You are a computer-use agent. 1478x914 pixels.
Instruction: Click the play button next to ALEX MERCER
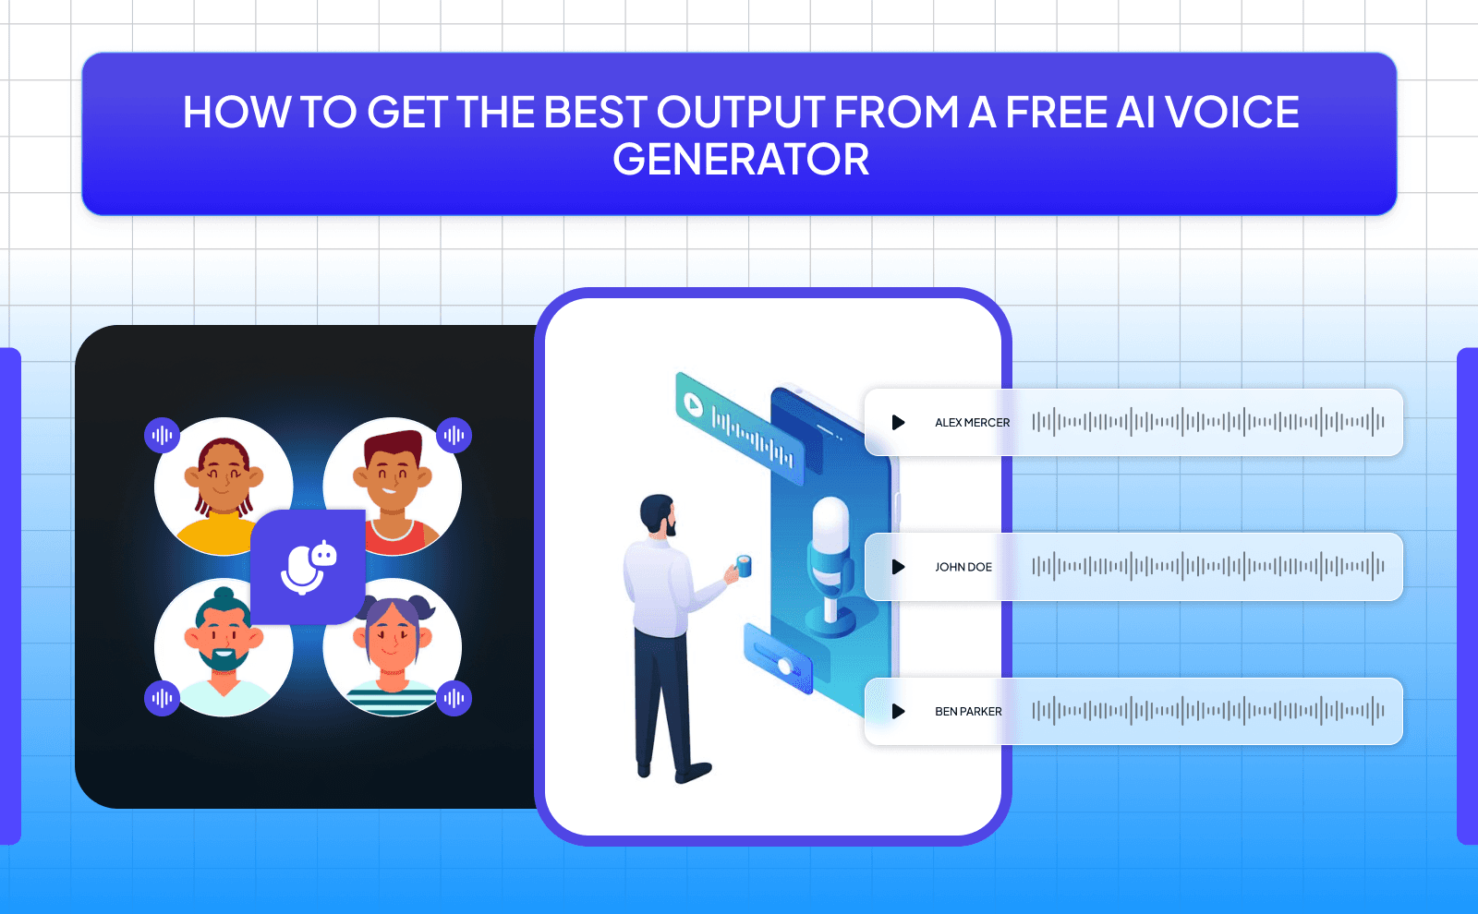point(898,422)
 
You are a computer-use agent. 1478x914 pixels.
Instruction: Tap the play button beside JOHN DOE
point(898,567)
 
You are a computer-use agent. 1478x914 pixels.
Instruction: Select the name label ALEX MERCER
point(972,423)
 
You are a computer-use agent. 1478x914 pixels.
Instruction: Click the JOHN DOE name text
point(963,567)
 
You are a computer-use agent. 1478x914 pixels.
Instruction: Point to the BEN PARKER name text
point(968,712)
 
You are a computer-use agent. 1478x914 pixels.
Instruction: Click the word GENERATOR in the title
point(741,160)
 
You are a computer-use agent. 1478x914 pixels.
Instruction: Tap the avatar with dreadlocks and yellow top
point(222,485)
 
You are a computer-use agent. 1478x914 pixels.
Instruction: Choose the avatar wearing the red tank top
point(394,485)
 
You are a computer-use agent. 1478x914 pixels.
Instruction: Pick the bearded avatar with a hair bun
point(222,646)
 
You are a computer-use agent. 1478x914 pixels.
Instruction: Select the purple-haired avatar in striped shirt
point(394,646)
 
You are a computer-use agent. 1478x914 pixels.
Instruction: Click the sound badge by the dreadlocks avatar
point(162,435)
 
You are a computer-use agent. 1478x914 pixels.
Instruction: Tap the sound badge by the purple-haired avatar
point(454,698)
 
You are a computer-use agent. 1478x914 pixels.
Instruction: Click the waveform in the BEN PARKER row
point(1207,711)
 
